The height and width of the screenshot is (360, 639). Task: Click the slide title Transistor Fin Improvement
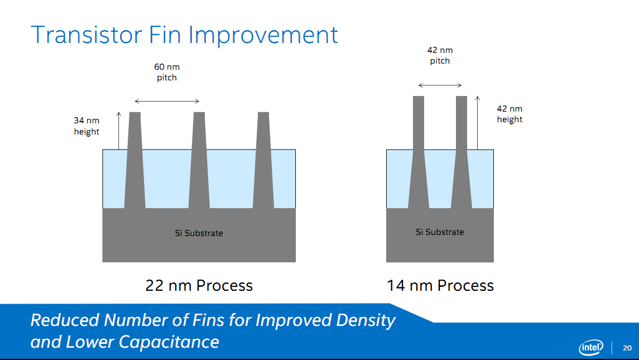click(x=184, y=35)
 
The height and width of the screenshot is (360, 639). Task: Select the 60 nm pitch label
click(x=167, y=72)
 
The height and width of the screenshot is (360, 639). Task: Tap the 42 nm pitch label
click(x=440, y=55)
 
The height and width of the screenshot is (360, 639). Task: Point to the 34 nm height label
click(x=87, y=126)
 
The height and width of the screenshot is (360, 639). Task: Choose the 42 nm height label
click(x=510, y=114)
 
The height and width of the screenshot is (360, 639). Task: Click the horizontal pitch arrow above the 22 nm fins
click(x=167, y=101)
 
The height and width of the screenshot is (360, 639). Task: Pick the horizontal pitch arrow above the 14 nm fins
click(x=440, y=85)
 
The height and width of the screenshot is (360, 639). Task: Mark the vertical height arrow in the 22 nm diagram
click(x=118, y=131)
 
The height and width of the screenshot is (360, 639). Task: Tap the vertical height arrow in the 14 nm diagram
click(x=477, y=123)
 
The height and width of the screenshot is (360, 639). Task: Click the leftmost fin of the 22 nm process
click(x=135, y=160)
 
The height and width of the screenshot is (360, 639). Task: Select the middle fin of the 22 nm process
click(x=199, y=160)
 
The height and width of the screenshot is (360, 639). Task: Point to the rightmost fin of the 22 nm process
click(x=263, y=160)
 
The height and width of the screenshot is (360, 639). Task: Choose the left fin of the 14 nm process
click(x=419, y=152)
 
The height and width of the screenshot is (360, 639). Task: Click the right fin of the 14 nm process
click(x=462, y=152)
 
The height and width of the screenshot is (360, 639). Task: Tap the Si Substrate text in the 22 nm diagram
click(x=199, y=233)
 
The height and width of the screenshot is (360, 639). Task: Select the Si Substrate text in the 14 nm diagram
click(x=440, y=232)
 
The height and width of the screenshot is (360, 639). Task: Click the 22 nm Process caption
click(x=199, y=285)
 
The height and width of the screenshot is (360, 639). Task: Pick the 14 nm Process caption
click(x=440, y=285)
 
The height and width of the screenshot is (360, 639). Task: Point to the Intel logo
click(x=591, y=347)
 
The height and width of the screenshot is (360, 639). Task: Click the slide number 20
click(x=627, y=348)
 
